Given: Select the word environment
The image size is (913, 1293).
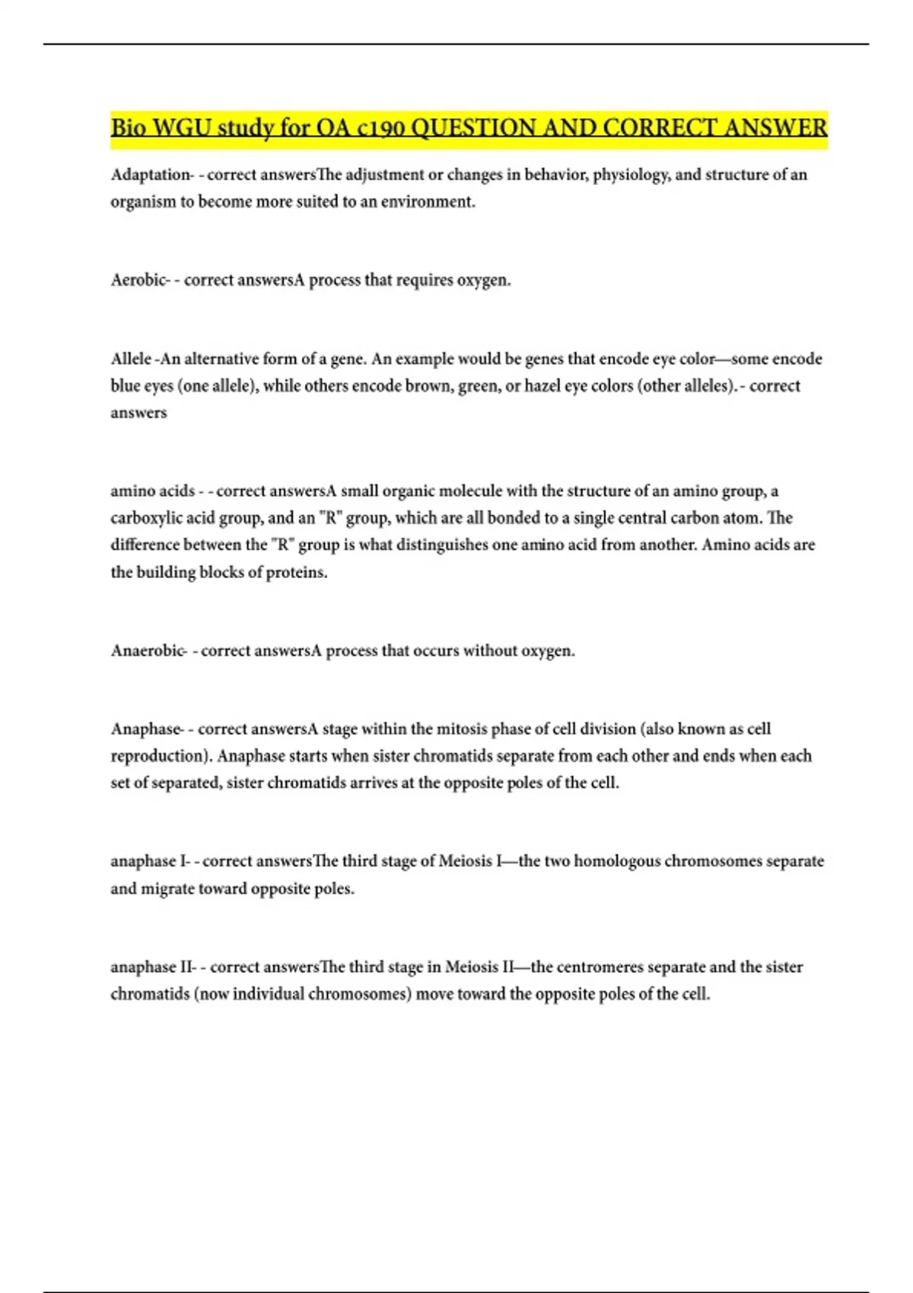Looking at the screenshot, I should coord(428,202).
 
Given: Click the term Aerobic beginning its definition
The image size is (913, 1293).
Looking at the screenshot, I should coord(138,281).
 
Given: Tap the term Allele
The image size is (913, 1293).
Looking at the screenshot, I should coord(131,359).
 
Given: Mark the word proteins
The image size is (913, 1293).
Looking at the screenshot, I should coord(296,573).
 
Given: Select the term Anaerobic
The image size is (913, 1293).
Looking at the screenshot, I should coord(148,651).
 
